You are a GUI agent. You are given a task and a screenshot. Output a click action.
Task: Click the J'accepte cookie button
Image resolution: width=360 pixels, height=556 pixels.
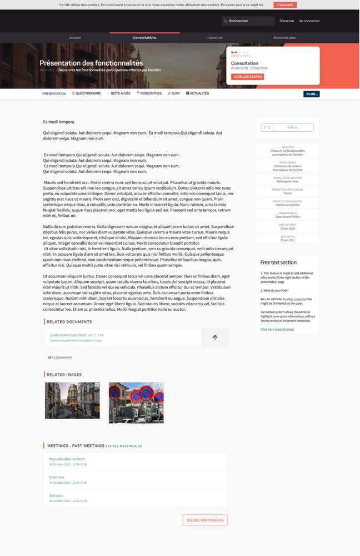[285, 5]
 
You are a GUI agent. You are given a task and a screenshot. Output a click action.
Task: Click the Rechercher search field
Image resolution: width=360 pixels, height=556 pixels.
[249, 21]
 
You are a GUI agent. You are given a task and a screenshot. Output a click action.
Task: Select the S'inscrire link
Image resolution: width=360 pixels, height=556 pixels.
[287, 21]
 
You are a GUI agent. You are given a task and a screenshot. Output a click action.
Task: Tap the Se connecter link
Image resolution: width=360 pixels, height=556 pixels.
[309, 21]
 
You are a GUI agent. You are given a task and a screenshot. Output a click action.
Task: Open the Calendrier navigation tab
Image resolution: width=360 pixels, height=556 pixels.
[214, 38]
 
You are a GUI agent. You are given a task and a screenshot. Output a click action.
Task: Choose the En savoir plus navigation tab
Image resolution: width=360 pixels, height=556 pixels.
[284, 38]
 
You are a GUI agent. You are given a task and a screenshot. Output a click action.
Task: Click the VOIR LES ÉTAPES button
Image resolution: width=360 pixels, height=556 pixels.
[247, 77]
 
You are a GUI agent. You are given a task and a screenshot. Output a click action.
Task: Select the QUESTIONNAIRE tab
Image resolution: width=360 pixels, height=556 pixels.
[87, 93]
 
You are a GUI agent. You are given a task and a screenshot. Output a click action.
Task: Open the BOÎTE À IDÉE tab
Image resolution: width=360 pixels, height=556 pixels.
[119, 93]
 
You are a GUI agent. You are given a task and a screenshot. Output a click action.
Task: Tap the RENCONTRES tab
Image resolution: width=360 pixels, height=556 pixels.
[149, 93]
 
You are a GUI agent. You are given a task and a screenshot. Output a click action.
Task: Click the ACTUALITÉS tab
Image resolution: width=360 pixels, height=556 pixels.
[198, 93]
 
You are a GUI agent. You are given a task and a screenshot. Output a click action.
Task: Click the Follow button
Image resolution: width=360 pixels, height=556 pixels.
[292, 127]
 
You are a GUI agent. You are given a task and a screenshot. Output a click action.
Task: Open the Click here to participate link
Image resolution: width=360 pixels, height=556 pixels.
[277, 329]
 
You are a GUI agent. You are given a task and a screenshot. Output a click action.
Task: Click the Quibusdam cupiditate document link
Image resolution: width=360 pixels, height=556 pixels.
[68, 335]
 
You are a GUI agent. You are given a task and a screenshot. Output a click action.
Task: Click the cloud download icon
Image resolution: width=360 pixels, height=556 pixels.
[215, 337]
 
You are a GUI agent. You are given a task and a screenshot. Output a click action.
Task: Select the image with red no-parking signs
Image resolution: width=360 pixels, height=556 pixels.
[136, 403]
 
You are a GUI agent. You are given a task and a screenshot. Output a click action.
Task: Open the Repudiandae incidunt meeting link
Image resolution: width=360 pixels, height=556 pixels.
[67, 459]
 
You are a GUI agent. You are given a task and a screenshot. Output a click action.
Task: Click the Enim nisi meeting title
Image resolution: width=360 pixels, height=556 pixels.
[57, 477]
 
